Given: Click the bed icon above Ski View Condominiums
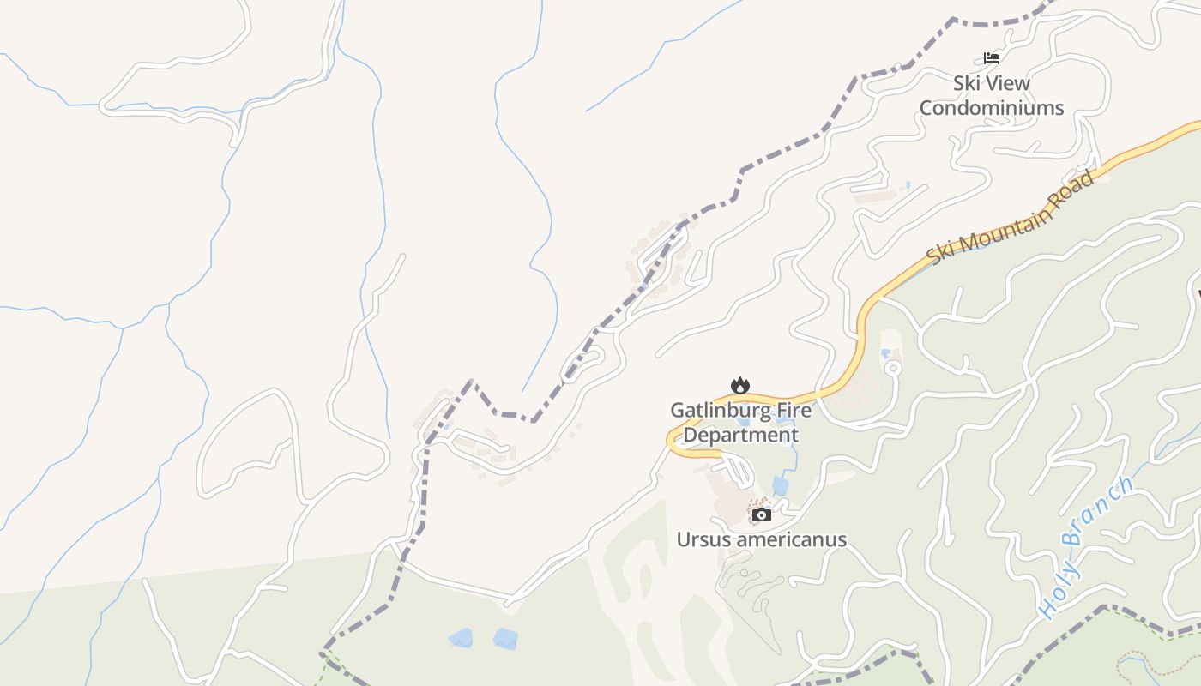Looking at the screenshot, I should tap(992, 58).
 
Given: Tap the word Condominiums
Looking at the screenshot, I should tap(992, 108).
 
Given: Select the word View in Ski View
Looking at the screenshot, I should tap(1009, 83).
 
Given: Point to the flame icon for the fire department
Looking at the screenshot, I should tap(739, 385).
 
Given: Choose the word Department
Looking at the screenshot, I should tap(740, 435).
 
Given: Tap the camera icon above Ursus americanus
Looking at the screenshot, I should tap(761, 514).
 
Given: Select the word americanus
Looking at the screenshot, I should tap(794, 539).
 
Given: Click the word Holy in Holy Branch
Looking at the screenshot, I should tap(1054, 593).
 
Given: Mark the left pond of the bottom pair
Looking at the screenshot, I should tap(461, 637).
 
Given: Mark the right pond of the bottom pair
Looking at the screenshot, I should tap(505, 638).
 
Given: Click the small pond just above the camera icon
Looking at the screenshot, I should tap(780, 486).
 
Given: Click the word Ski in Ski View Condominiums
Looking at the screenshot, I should tap(967, 83).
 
